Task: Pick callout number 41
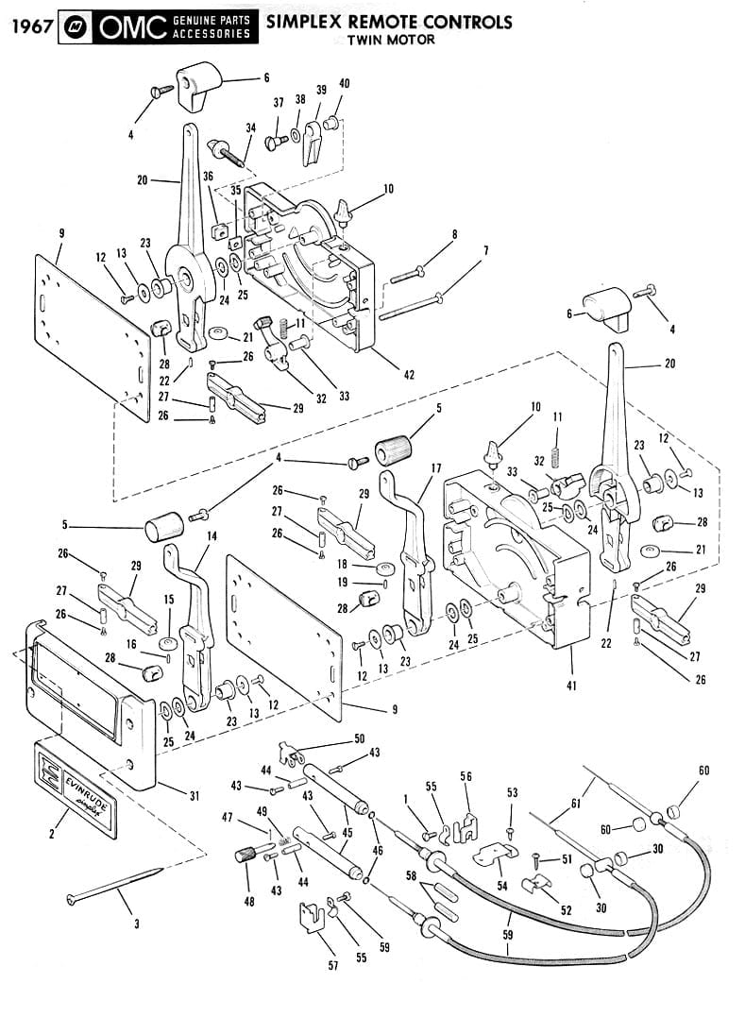pos(571,686)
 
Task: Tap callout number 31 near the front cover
pos(194,796)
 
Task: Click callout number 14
pos(212,535)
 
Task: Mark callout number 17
pos(435,467)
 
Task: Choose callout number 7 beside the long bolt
pos(485,250)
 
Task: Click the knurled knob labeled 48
pos(246,857)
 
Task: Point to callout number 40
pos(344,84)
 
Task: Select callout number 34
pos(250,127)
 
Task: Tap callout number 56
pos(466,775)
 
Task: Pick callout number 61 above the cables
pos(575,804)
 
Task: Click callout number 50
pos(359,737)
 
